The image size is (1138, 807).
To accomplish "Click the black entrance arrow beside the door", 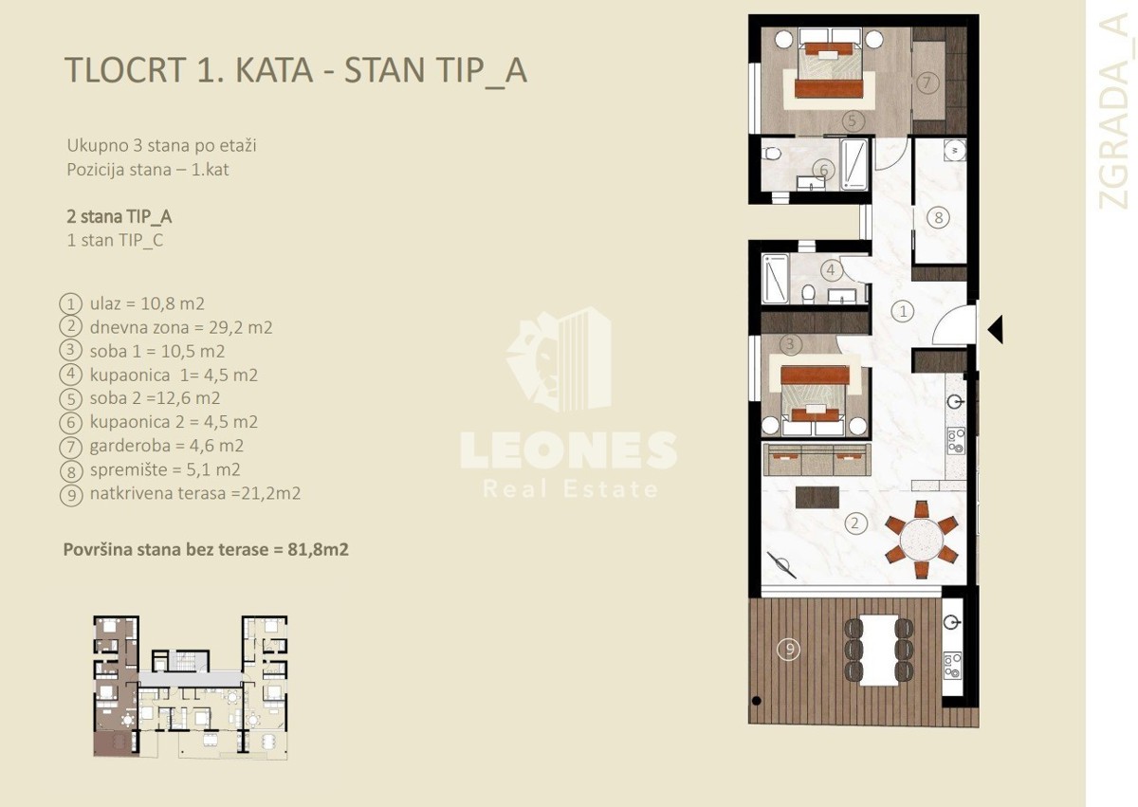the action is [x=997, y=330].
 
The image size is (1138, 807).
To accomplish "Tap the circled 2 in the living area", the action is [x=854, y=523].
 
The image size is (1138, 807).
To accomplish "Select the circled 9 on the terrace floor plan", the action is [x=789, y=649].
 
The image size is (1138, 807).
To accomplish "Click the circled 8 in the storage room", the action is [x=938, y=218].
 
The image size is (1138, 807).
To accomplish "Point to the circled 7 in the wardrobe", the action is [x=927, y=83].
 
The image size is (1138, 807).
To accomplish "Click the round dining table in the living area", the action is [x=921, y=540].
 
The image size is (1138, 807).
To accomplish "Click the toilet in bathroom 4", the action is [x=808, y=293].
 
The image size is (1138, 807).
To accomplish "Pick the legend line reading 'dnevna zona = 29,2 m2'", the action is [x=181, y=327].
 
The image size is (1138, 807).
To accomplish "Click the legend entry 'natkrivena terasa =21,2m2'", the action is [x=195, y=493].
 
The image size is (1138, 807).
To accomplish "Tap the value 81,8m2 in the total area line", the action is [x=318, y=549].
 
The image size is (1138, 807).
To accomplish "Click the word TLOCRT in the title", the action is [x=125, y=69].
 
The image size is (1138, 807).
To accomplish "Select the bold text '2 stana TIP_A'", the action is [x=119, y=217].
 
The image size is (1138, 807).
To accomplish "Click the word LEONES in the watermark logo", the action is [x=568, y=450].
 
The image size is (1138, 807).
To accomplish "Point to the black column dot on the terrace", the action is [x=756, y=701].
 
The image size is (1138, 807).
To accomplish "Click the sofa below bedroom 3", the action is [x=817, y=460].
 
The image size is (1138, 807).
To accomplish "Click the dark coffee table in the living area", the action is [x=817, y=497].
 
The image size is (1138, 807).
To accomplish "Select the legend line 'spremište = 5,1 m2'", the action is [x=165, y=469].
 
